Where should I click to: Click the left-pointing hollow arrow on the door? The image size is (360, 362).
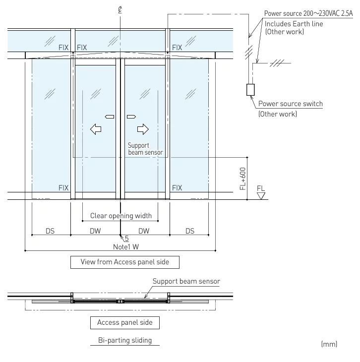pyautogui.click(x=96, y=129)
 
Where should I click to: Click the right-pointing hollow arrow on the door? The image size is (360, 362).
pyautogui.click(x=143, y=129)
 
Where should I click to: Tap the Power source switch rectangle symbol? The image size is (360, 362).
pyautogui.click(x=250, y=89)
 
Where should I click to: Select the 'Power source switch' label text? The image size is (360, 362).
pyautogui.click(x=291, y=104)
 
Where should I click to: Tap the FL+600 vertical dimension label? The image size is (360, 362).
pyautogui.click(x=243, y=179)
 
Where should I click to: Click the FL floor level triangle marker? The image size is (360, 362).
pyautogui.click(x=261, y=195)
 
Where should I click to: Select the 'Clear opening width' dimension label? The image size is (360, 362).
pyautogui.click(x=120, y=216)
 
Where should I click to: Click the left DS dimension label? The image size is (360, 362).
pyautogui.click(x=50, y=231)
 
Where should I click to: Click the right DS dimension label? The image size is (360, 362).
pyautogui.click(x=190, y=231)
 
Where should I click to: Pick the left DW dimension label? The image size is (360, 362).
pyautogui.click(x=95, y=231)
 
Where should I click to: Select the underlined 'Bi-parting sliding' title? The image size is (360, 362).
pyautogui.click(x=125, y=340)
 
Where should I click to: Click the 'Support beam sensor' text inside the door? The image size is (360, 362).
pyautogui.click(x=145, y=149)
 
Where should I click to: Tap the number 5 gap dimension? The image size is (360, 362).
pyautogui.click(x=126, y=239)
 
